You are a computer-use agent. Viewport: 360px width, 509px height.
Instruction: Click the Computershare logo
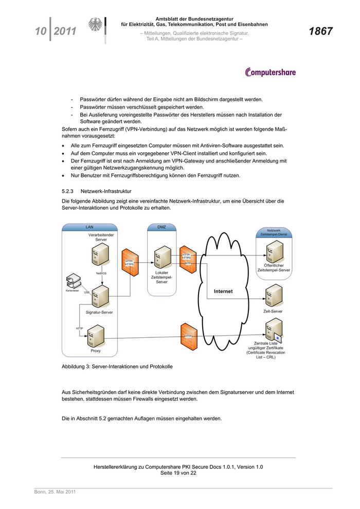point(271,72)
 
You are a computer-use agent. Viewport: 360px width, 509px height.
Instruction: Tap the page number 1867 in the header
point(320,32)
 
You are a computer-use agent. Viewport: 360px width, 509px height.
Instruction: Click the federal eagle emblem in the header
point(96,27)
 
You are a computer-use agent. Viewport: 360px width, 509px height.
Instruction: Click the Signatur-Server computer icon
point(100,296)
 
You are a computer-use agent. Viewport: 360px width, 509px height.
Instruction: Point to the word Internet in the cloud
point(223,292)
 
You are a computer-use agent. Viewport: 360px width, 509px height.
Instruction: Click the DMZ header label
point(161,227)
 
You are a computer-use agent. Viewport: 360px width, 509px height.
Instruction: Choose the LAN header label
point(89,227)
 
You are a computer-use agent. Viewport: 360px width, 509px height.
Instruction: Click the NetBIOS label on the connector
point(101,273)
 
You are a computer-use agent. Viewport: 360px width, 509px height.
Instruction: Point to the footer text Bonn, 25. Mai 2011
point(55,492)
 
